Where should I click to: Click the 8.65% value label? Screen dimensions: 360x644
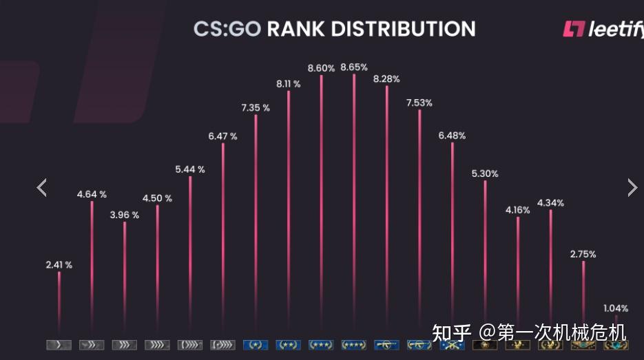(x=354, y=67)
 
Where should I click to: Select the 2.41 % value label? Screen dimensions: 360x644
(x=59, y=264)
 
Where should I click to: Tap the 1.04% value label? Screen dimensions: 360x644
(x=615, y=308)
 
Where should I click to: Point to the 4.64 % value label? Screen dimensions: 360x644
(x=92, y=194)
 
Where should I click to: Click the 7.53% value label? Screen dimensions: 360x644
(x=419, y=103)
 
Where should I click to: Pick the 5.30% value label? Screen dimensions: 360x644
(x=485, y=173)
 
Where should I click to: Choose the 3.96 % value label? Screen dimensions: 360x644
(x=125, y=215)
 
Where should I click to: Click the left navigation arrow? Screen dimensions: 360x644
(x=42, y=187)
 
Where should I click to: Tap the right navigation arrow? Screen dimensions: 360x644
(x=632, y=187)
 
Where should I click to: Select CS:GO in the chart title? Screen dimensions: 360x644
(x=227, y=29)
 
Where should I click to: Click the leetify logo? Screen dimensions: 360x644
(x=603, y=29)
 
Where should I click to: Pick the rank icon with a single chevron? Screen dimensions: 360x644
(x=59, y=344)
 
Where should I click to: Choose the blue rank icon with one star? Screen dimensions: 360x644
(x=256, y=344)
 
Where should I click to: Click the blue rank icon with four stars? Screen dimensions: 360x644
(x=354, y=344)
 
